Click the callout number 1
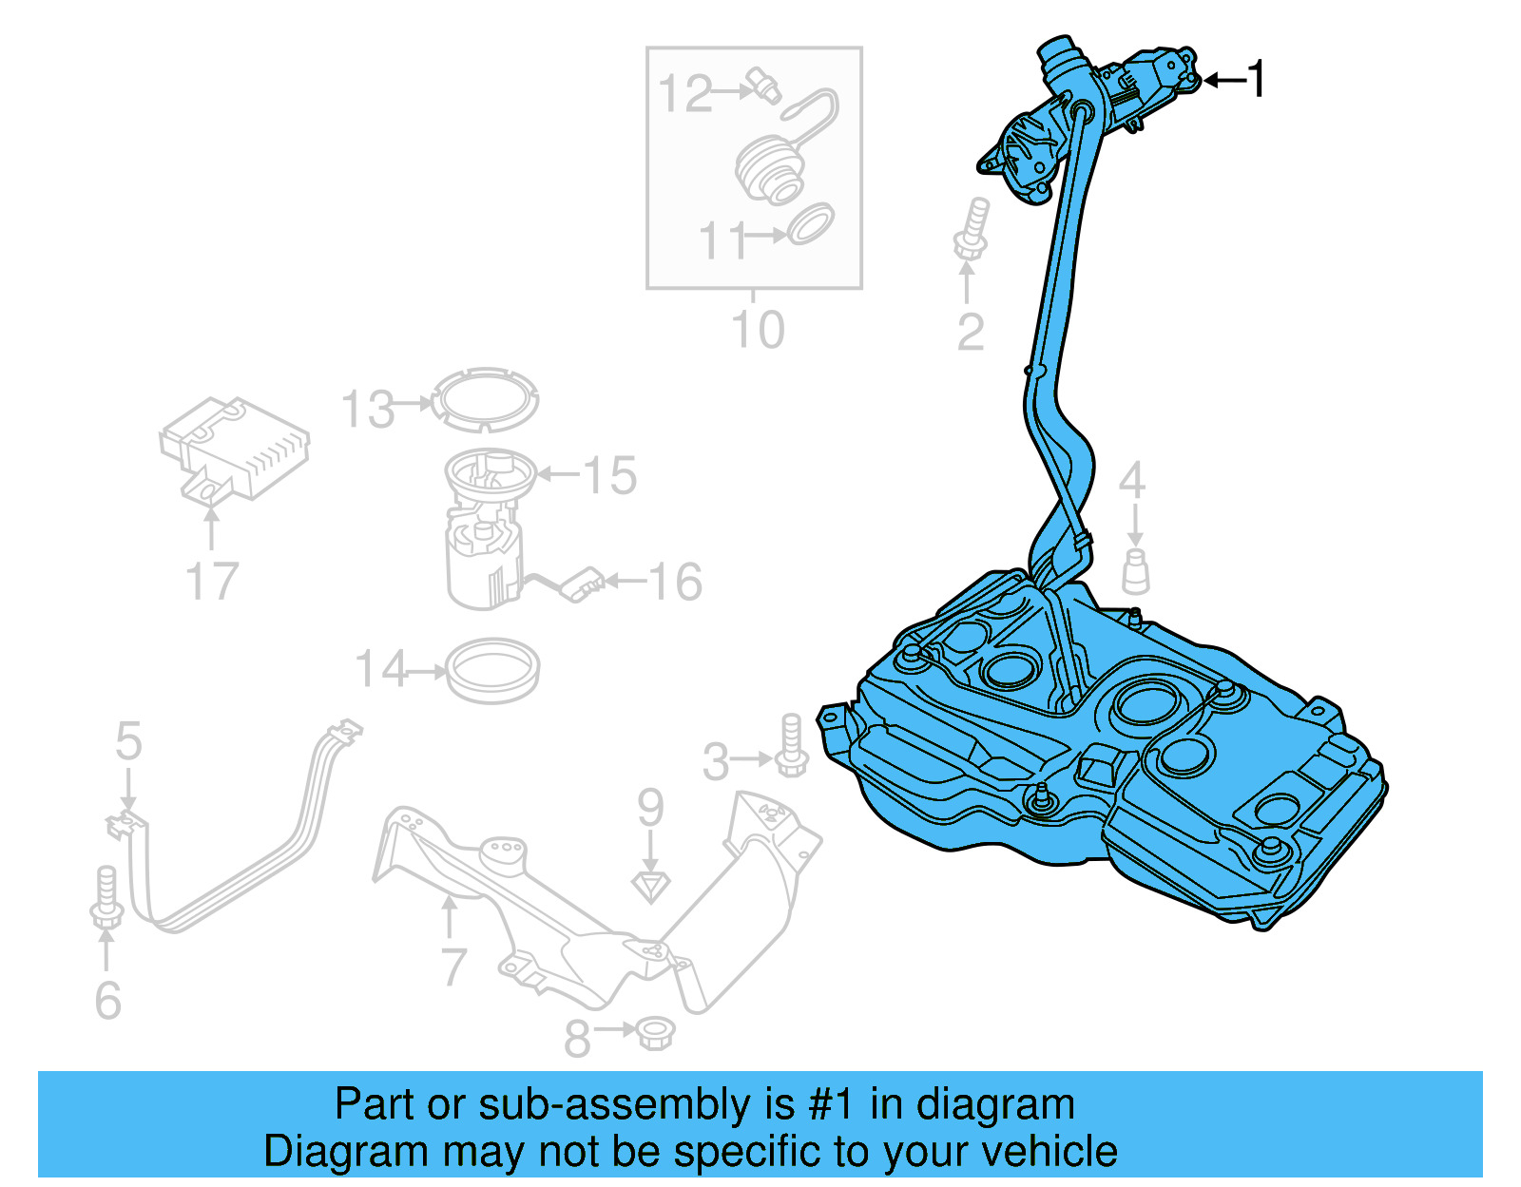[1257, 79]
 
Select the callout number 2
[970, 332]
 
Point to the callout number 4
[1132, 481]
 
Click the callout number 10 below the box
[758, 330]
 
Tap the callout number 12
[684, 93]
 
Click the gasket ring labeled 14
[492, 671]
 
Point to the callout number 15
[609, 475]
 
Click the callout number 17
[211, 582]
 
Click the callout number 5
[128, 741]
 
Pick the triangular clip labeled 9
[650, 887]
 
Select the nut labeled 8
[652, 1033]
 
